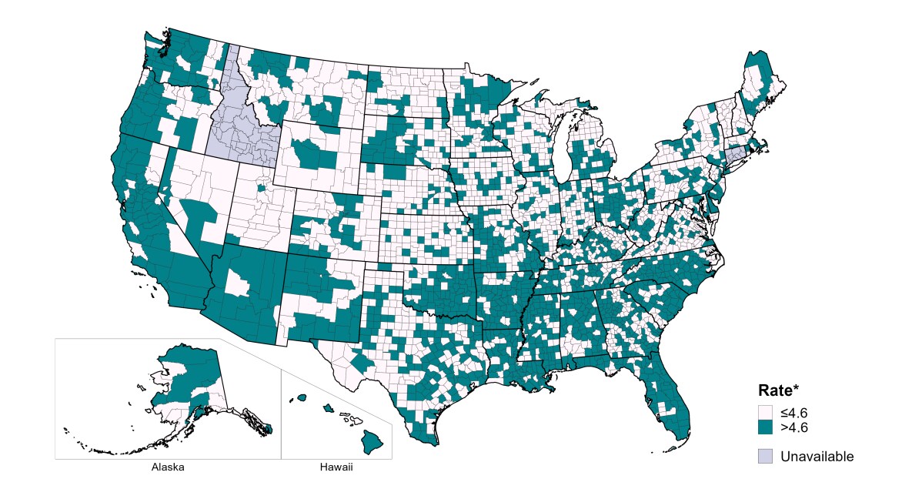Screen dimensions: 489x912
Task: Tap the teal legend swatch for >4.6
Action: pyautogui.click(x=766, y=427)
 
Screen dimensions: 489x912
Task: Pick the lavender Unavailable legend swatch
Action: pyautogui.click(x=766, y=456)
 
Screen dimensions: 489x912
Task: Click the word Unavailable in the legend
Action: pyautogui.click(x=817, y=457)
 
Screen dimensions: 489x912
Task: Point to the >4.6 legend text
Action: pyautogui.click(x=793, y=427)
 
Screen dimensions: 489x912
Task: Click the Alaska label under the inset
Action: pyautogui.click(x=168, y=467)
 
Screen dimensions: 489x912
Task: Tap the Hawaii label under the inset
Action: pyautogui.click(x=336, y=467)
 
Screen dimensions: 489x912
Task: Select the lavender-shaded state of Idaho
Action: pyautogui.click(x=239, y=123)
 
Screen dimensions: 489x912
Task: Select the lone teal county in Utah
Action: pyautogui.click(x=261, y=187)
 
